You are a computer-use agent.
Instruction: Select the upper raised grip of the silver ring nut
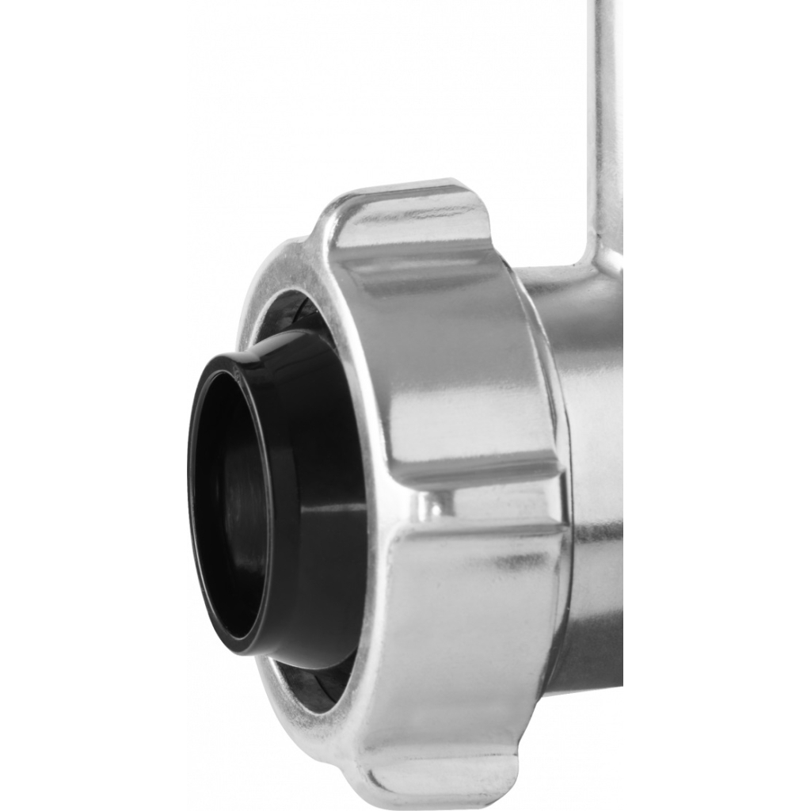pos(444,333)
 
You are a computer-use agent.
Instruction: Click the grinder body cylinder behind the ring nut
pos(594,475)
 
